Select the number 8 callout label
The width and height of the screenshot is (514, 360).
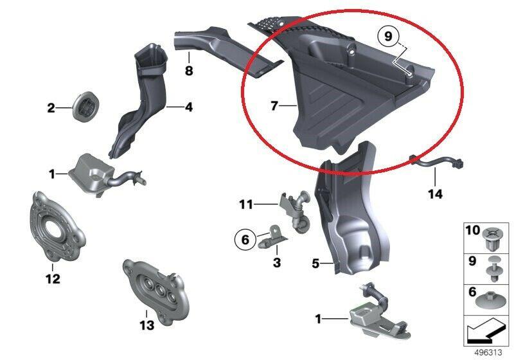(x=189, y=71)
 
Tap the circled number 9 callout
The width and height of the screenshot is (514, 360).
(x=388, y=36)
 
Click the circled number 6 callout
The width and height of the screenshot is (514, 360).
(x=245, y=240)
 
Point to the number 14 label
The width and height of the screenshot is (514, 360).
(x=436, y=194)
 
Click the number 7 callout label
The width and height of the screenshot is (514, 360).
(x=275, y=105)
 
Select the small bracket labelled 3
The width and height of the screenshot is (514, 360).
(x=272, y=237)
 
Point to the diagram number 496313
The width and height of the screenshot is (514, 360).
(x=488, y=352)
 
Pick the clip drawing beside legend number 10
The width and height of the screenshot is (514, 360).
(x=493, y=238)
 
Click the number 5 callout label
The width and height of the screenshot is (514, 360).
(x=315, y=263)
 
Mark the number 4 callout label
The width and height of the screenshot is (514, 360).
(x=189, y=107)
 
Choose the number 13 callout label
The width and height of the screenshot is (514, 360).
(x=146, y=325)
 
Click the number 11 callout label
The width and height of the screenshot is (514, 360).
(x=246, y=205)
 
